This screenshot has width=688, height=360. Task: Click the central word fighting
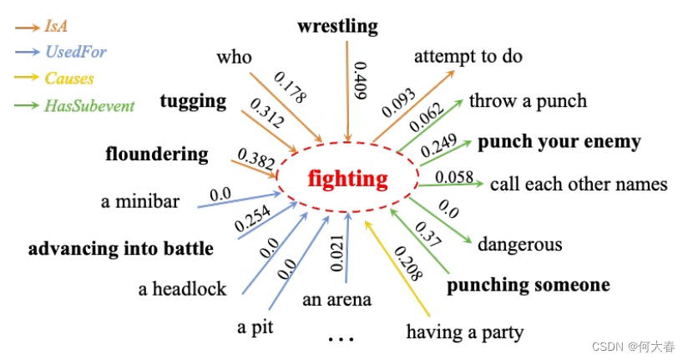click(347, 179)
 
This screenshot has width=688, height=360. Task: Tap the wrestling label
click(337, 27)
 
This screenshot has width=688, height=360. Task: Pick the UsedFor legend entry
click(75, 53)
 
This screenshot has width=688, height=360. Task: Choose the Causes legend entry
click(69, 79)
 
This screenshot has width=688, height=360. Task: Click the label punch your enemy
click(559, 141)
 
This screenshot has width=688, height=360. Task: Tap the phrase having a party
click(464, 332)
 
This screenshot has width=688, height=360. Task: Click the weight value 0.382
click(256, 159)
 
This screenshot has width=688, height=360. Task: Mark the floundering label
click(157, 154)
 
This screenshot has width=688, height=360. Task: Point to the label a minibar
click(139, 200)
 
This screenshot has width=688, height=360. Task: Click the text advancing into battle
click(121, 249)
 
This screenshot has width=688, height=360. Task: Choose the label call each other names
click(578, 184)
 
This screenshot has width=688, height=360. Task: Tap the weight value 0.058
click(454, 176)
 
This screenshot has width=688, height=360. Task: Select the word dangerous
click(519, 245)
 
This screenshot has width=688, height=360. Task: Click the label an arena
click(336, 298)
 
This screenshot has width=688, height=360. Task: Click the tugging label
click(193, 101)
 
